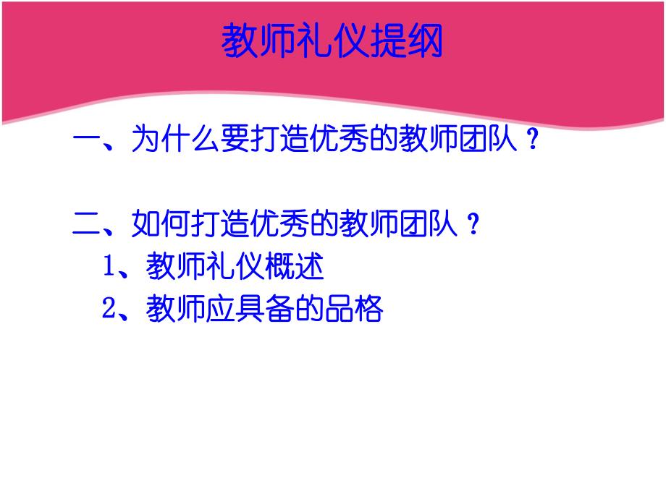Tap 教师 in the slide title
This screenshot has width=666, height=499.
pos(257,41)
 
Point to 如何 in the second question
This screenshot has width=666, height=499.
pos(160,224)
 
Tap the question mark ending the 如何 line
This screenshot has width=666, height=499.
pos(473,225)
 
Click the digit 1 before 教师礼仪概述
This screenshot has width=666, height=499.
pos(109,268)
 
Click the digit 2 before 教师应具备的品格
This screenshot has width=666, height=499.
pos(109,310)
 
